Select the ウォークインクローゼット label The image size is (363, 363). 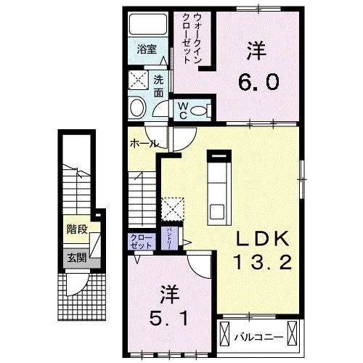[x=193, y=38]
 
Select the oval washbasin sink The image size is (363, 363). [x=138, y=109]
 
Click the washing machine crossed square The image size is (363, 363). [x=139, y=80]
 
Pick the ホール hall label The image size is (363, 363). [x=141, y=144]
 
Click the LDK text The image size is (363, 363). [x=262, y=240]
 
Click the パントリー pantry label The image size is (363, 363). [x=169, y=238]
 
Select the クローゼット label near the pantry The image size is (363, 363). [x=140, y=241]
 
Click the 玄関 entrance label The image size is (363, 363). [x=76, y=256]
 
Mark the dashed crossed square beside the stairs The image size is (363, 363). [x=173, y=208]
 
